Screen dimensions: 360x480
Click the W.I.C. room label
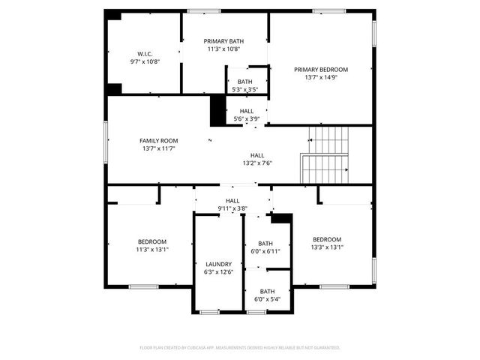coord(145,54)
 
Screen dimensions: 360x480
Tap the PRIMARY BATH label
coord(225,40)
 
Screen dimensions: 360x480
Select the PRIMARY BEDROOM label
coord(321,69)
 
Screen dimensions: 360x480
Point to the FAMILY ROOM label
coord(159,140)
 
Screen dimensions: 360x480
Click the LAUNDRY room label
coord(219,264)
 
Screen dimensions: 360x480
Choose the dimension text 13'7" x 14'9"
coord(321,77)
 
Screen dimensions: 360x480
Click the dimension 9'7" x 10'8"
coord(145,62)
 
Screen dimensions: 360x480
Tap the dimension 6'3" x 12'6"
coord(219,272)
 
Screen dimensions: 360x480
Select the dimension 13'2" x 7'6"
coord(257,163)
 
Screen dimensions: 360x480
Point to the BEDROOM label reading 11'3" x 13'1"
coord(152,241)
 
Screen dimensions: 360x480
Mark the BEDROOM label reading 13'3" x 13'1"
coord(327,239)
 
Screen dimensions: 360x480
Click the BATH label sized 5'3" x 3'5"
coord(244,82)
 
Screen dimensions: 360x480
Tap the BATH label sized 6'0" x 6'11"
coord(265,243)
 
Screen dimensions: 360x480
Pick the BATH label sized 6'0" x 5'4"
coord(267,291)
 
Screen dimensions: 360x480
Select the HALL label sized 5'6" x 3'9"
coord(246,110)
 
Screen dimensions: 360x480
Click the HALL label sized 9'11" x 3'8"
coord(232,200)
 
